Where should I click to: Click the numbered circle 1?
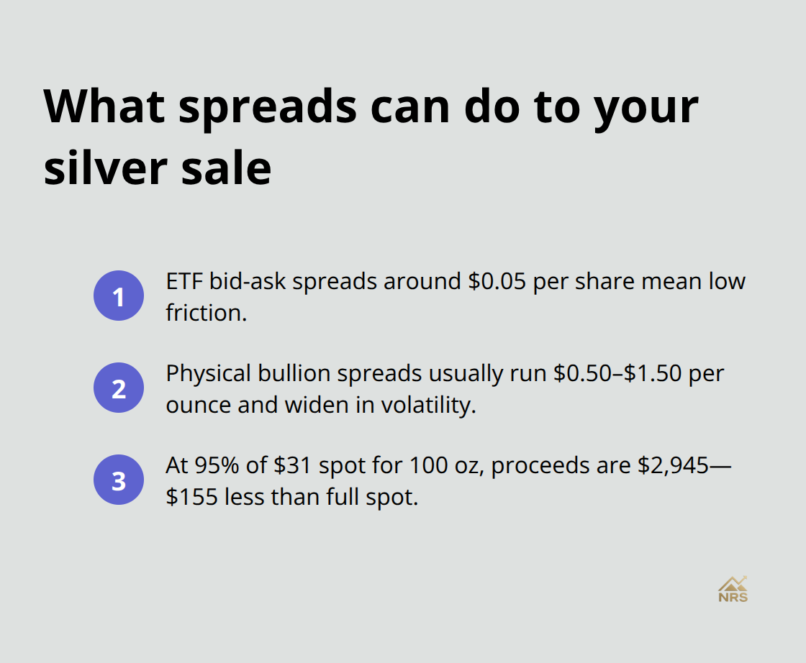(x=119, y=296)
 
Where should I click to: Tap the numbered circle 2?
(x=119, y=388)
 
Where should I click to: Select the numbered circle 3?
(x=119, y=480)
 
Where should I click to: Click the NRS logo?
(x=733, y=589)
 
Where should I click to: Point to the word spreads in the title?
(x=268, y=106)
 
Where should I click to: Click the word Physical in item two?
(x=209, y=374)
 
